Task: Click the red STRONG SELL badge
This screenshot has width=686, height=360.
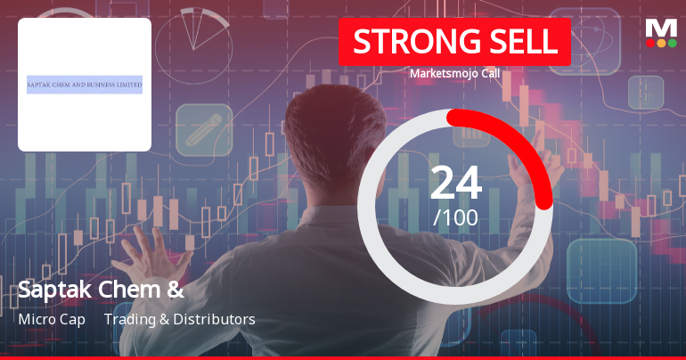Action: coord(454,42)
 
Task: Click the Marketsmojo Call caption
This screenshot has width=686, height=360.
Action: coord(454,74)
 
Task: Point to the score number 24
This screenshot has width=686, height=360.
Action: coord(455,183)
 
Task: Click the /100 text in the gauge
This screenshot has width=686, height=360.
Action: coord(455,217)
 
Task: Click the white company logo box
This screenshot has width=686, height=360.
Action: coord(85,85)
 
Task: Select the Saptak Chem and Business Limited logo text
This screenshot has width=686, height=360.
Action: coord(85,85)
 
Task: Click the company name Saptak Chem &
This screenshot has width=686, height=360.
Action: coord(101,289)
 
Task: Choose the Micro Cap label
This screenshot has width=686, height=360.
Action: coord(52,319)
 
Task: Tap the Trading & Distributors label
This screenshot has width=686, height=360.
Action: coord(180,319)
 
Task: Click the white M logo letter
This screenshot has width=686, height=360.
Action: coord(661,27)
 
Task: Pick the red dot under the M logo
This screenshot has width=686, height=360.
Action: coord(650,43)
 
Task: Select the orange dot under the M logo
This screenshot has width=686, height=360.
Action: coord(661,43)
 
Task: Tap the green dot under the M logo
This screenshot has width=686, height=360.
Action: coord(672,43)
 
